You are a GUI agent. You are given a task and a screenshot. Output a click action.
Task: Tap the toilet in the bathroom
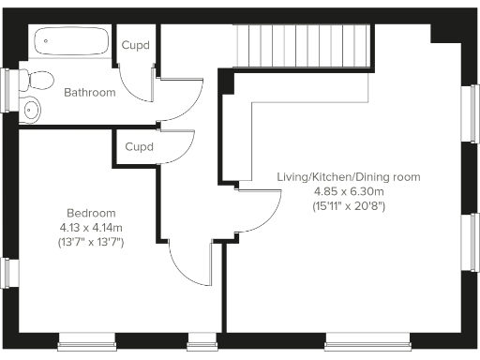tap(39, 79)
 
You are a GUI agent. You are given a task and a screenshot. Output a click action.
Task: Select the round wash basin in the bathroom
tap(31, 109)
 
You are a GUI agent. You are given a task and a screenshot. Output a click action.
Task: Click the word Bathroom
tap(90, 93)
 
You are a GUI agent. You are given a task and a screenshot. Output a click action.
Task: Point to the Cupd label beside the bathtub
tap(136, 46)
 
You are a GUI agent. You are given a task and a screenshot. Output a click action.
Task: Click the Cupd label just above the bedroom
tap(139, 147)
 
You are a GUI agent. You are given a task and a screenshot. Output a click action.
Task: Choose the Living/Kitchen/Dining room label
tap(349, 176)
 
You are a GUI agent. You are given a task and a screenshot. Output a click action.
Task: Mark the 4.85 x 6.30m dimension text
tap(349, 191)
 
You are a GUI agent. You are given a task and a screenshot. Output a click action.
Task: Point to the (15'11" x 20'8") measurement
tap(349, 206)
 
